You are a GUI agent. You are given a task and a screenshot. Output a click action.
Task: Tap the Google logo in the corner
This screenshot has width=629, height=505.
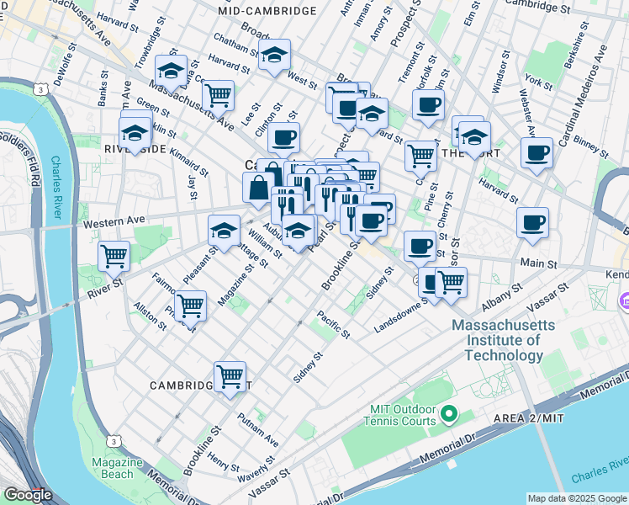click(x=27, y=496)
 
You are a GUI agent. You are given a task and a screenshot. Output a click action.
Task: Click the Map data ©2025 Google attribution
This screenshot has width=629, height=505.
click(x=577, y=498)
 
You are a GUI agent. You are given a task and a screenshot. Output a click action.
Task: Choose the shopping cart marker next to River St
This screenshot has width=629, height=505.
click(x=114, y=254)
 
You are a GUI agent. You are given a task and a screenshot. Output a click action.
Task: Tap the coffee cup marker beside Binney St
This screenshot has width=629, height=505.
click(x=536, y=153)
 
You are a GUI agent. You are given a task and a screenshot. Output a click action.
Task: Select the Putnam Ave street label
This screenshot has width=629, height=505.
click(x=257, y=428)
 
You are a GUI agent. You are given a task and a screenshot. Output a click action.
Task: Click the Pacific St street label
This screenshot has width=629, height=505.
click(x=333, y=325)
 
